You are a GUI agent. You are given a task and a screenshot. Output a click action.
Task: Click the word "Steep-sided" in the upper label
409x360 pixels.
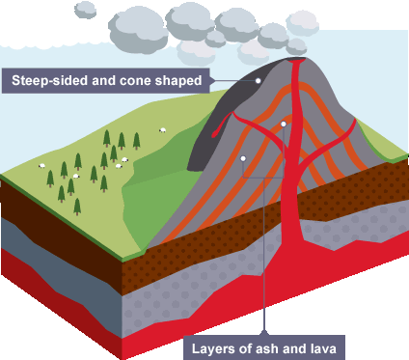point(49,80)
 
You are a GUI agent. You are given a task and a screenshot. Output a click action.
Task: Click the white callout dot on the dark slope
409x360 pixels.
point(258,81)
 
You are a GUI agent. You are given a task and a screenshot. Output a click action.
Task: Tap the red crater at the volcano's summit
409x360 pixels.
point(296,60)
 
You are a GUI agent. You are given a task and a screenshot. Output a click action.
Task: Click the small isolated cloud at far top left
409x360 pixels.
point(85,10)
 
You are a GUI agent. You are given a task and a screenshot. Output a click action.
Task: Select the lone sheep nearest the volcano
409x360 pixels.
point(163,130)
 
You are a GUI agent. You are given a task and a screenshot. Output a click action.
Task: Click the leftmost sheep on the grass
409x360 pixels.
point(41,166)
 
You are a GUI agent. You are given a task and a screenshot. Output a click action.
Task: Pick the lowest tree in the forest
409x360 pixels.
point(77,207)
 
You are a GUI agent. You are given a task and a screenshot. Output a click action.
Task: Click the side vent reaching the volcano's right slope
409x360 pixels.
point(331,142)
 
